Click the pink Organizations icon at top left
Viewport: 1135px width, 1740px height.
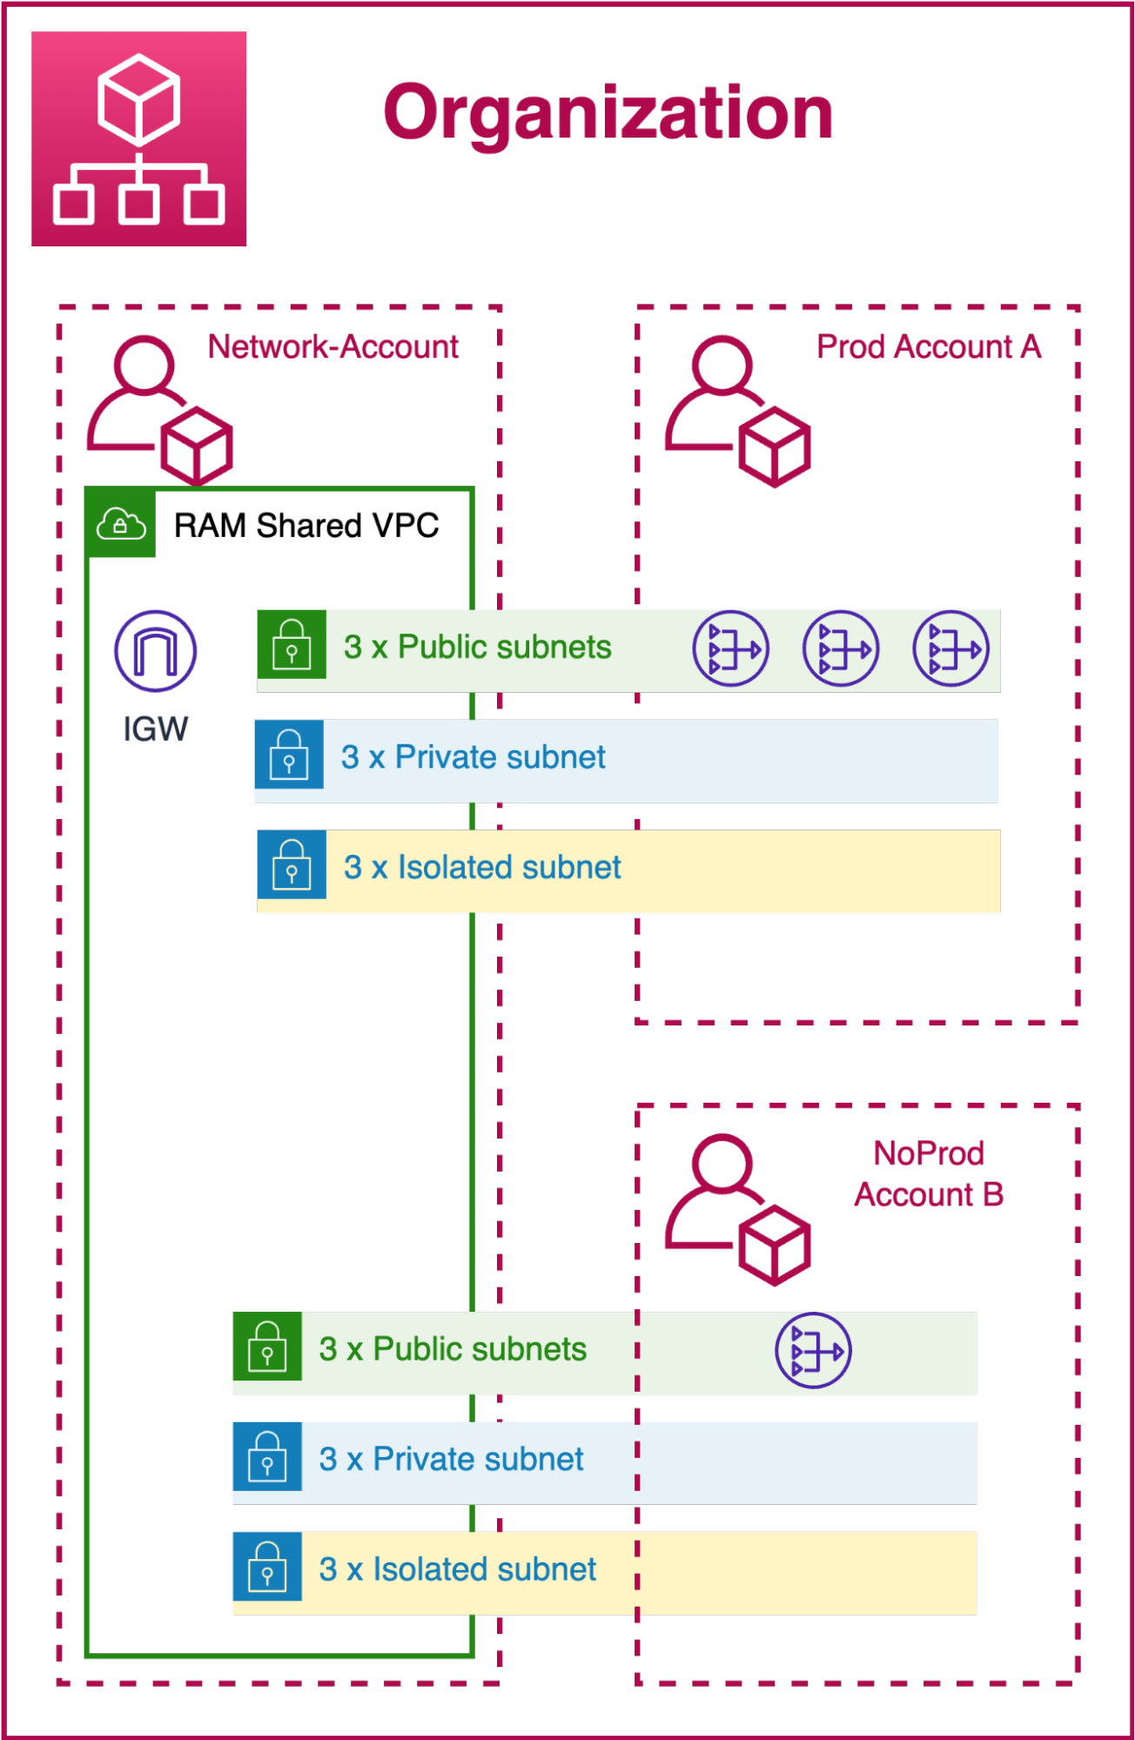pos(138,139)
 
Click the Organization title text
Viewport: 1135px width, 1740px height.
pos(608,113)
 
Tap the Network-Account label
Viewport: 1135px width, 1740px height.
pos(332,347)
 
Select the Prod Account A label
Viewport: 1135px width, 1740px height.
pos(928,347)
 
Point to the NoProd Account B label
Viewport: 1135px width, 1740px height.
pos(928,1174)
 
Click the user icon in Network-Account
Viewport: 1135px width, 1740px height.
pos(159,409)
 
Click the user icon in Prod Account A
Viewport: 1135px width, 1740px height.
pos(737,411)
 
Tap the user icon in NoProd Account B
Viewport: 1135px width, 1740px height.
pos(737,1209)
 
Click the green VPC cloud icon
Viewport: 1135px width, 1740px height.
pos(121,524)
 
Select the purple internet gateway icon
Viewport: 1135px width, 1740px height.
pos(156,651)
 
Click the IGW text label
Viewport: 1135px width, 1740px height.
pos(156,729)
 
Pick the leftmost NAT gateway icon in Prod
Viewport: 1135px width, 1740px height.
pos(731,648)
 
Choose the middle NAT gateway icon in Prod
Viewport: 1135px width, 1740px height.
pos(841,648)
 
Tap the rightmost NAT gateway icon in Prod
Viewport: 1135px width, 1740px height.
pos(950,648)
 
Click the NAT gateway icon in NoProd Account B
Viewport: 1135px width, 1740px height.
pos(814,1351)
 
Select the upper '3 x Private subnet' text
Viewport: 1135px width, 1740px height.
pos(473,758)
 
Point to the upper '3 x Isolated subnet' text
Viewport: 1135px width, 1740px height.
pos(482,868)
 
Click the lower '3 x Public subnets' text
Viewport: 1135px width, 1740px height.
pos(453,1350)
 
